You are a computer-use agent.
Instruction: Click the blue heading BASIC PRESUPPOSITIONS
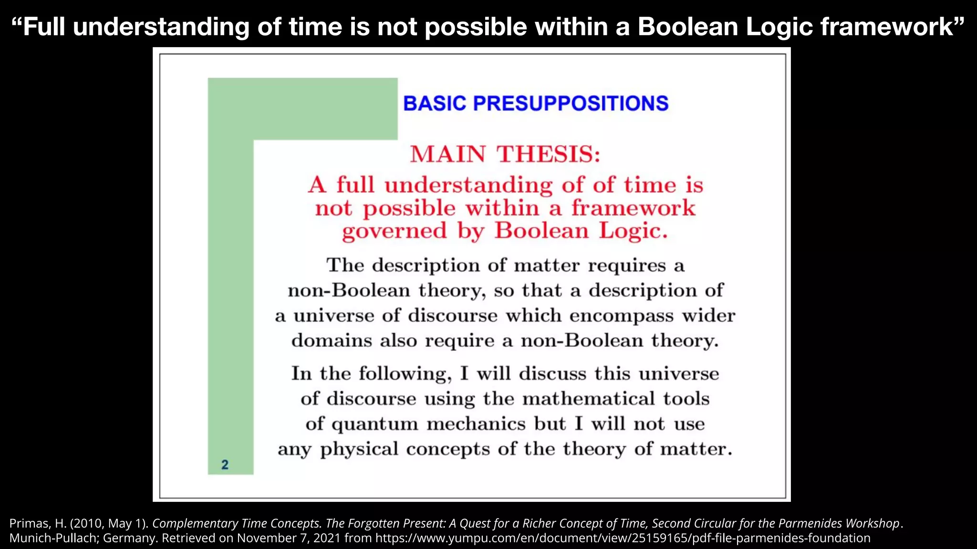pos(536,103)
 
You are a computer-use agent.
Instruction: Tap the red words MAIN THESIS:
pos(505,154)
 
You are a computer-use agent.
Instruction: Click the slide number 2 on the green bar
pos(225,465)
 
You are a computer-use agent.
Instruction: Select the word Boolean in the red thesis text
pos(541,231)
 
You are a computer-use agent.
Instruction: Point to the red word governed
pos(395,232)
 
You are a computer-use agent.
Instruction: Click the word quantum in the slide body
pos(374,424)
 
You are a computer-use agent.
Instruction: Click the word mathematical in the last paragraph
pos(589,399)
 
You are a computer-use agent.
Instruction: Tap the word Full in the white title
pos(44,27)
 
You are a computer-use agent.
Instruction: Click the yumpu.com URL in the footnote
pos(623,538)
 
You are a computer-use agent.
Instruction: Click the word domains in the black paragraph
pos(332,341)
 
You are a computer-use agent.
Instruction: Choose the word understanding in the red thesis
pos(469,186)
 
